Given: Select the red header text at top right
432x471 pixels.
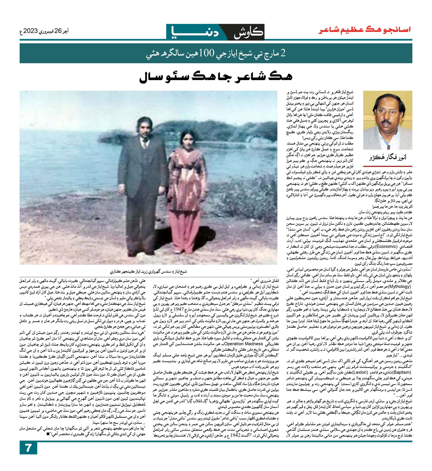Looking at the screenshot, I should (364, 30).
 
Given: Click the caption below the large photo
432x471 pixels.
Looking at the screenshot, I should (148, 271).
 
